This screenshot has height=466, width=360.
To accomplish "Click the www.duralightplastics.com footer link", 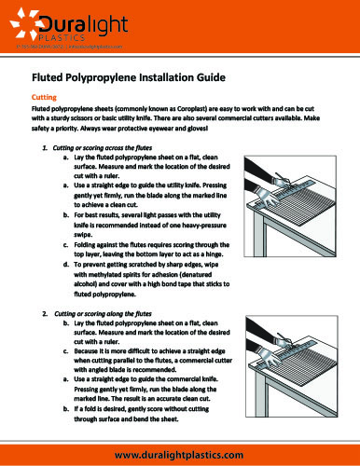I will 179,453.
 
